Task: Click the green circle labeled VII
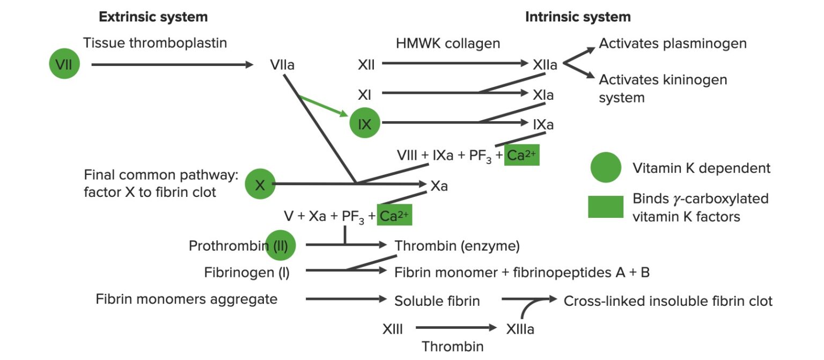tap(64, 65)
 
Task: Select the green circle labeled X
tap(260, 185)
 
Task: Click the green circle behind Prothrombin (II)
tap(281, 246)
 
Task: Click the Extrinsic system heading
tap(153, 17)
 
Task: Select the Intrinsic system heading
tap(578, 17)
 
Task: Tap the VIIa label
tap(282, 65)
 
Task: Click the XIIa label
tap(545, 65)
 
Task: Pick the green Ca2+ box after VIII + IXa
tap(521, 156)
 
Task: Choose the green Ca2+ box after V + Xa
tap(394, 215)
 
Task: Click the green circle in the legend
tap(606, 168)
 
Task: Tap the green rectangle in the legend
tap(606, 207)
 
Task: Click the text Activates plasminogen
tap(673, 43)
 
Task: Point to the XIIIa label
tap(520, 328)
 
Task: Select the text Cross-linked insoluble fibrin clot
tap(668, 300)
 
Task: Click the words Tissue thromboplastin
tap(155, 43)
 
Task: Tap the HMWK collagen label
tap(448, 43)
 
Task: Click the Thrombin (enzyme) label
tap(457, 246)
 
